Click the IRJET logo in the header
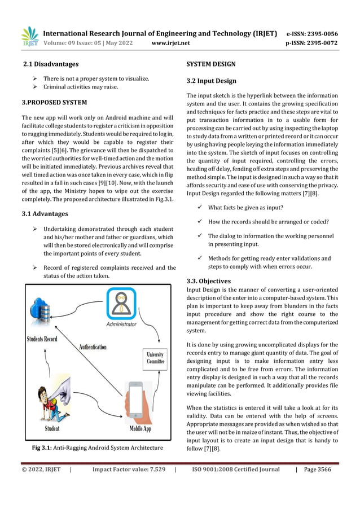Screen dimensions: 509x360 click(30, 37)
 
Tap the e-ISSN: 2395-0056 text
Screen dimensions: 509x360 click(312, 33)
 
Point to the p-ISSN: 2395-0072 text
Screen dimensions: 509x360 click(312, 43)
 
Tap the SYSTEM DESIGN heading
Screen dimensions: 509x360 click(211, 64)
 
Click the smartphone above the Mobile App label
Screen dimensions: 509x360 click(137, 400)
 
